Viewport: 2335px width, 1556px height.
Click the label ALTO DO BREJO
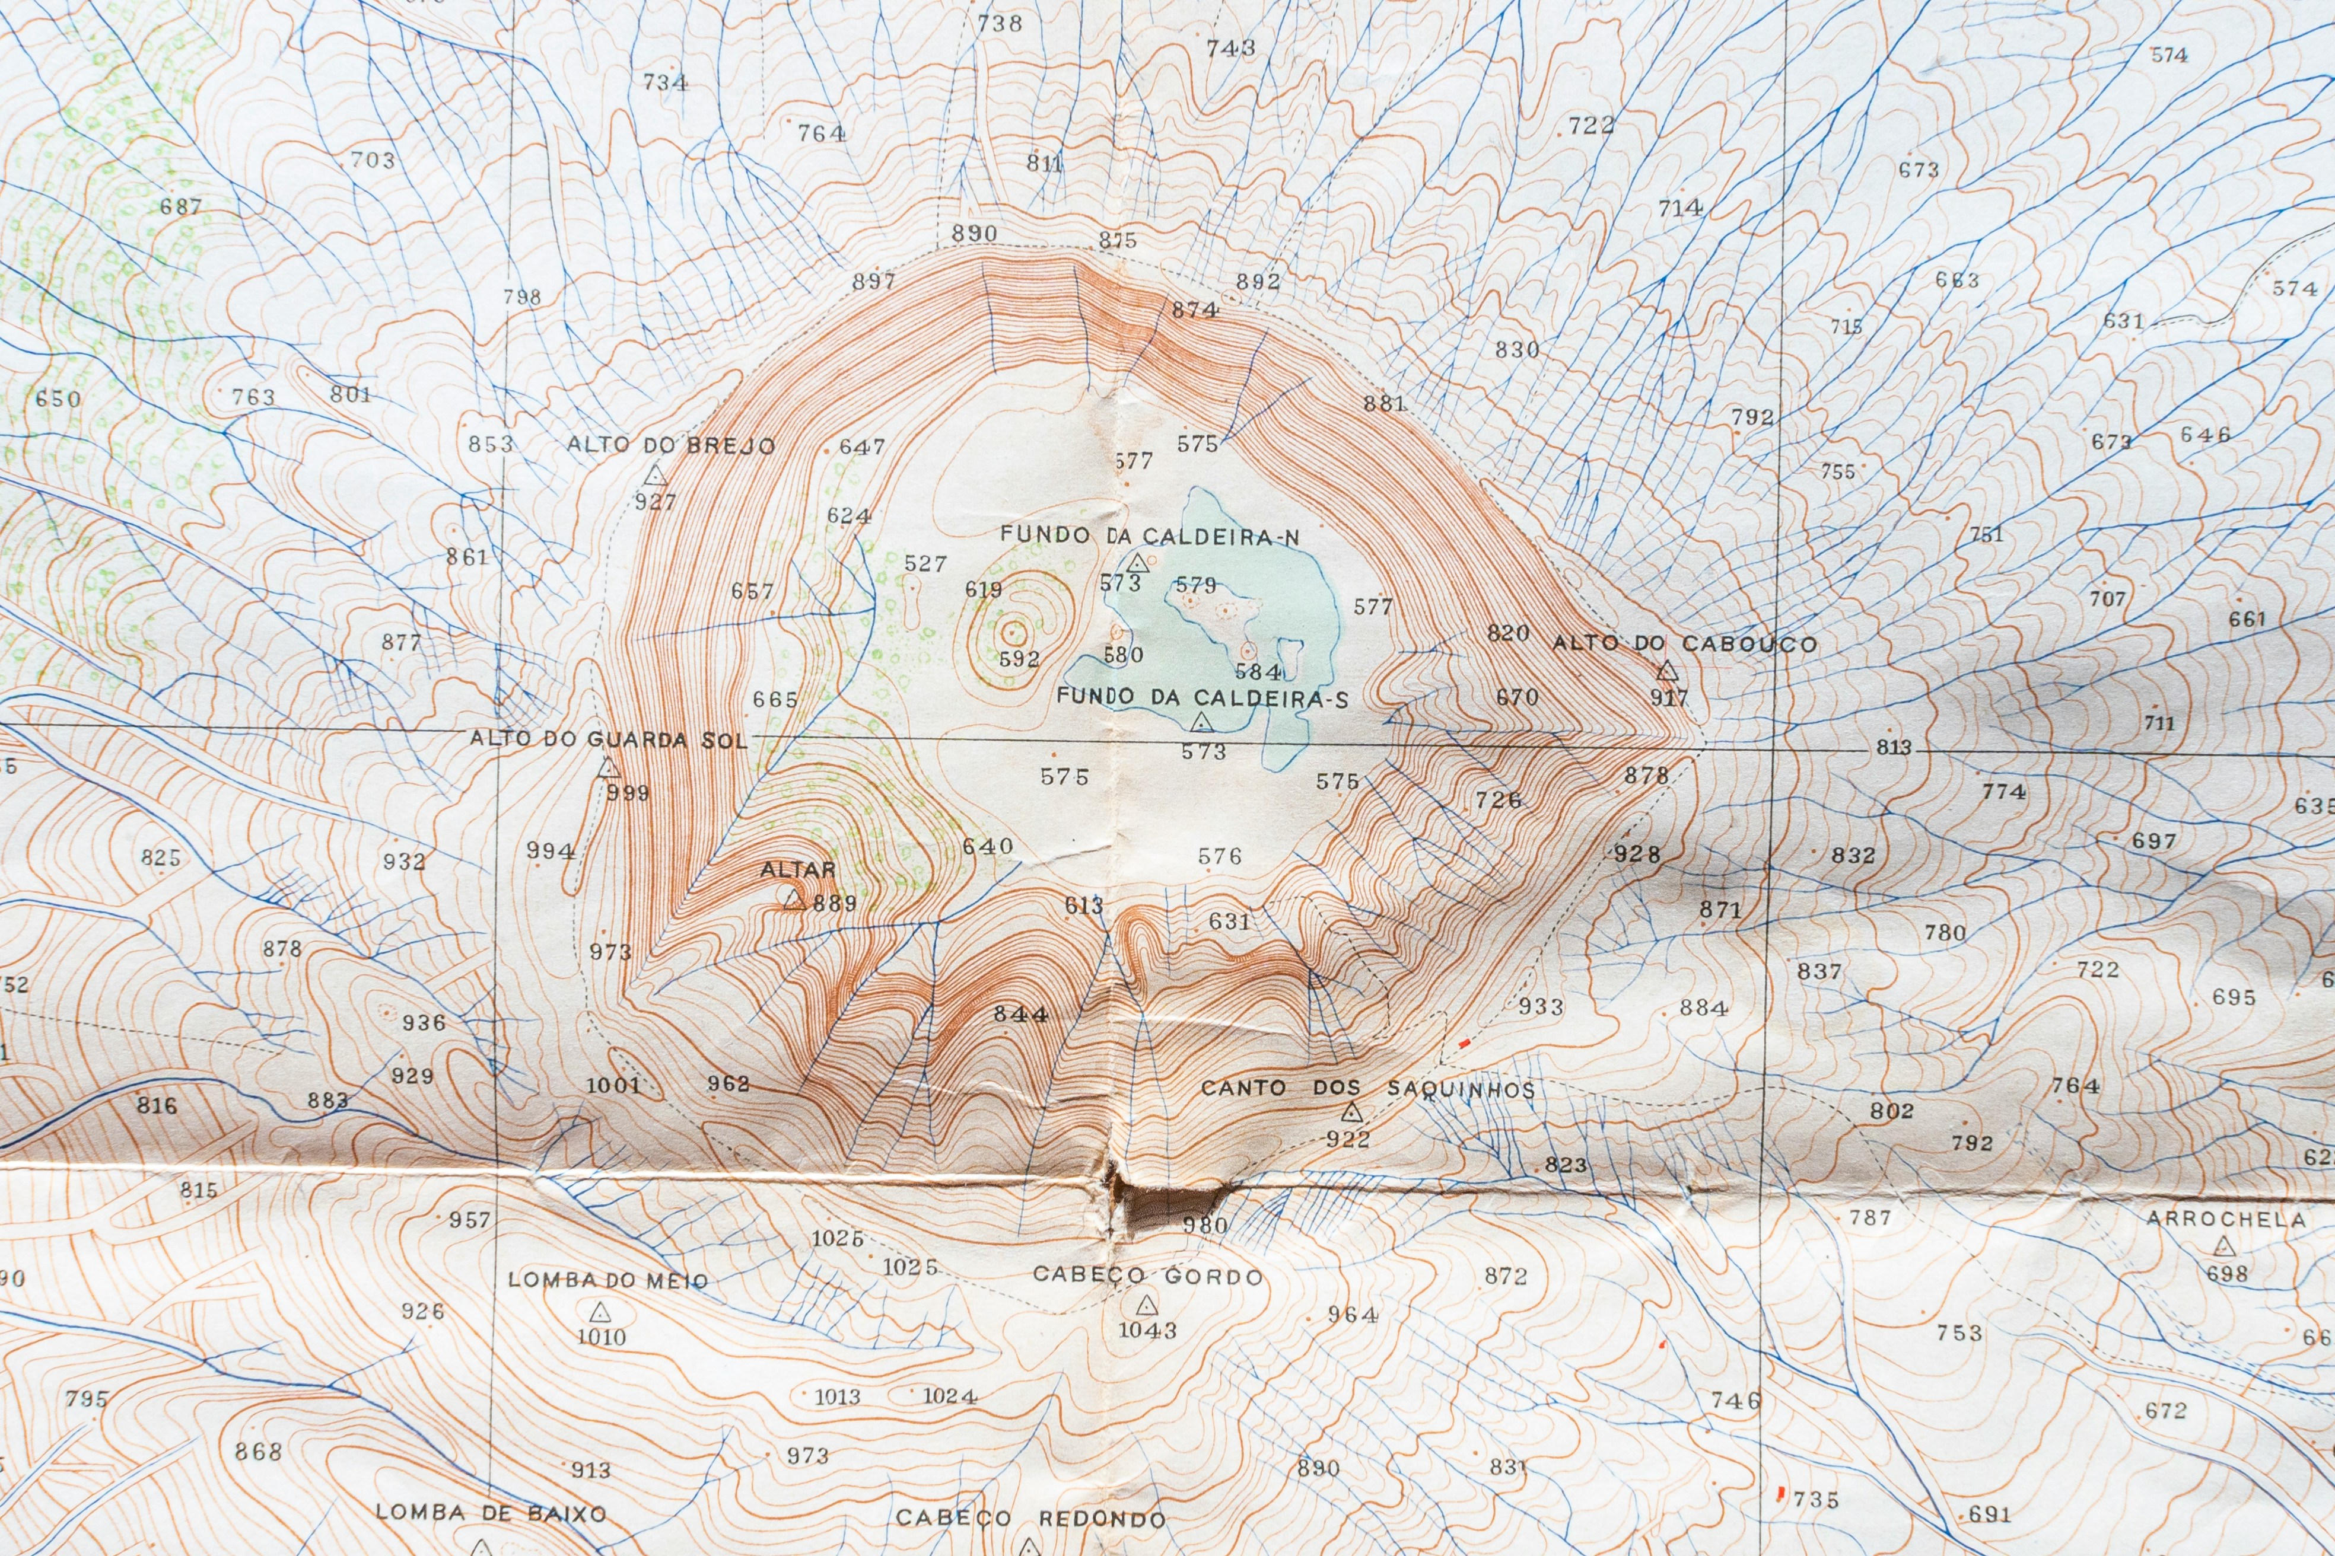pos(671,445)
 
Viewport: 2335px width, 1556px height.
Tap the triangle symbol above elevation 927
pos(655,476)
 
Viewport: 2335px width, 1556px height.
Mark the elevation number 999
pos(628,793)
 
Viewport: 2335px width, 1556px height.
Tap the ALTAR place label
pos(798,869)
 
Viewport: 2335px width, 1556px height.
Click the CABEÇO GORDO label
pos(1148,1275)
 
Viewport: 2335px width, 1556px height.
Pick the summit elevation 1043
pos(1148,1329)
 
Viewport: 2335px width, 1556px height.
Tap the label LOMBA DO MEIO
pos(607,1280)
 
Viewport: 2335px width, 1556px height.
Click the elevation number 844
pos(1020,1014)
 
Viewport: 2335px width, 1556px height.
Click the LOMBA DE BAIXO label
pos(491,1513)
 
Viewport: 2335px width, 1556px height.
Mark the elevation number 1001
pos(613,1085)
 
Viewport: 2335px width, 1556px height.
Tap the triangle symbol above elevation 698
pos(2225,1246)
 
